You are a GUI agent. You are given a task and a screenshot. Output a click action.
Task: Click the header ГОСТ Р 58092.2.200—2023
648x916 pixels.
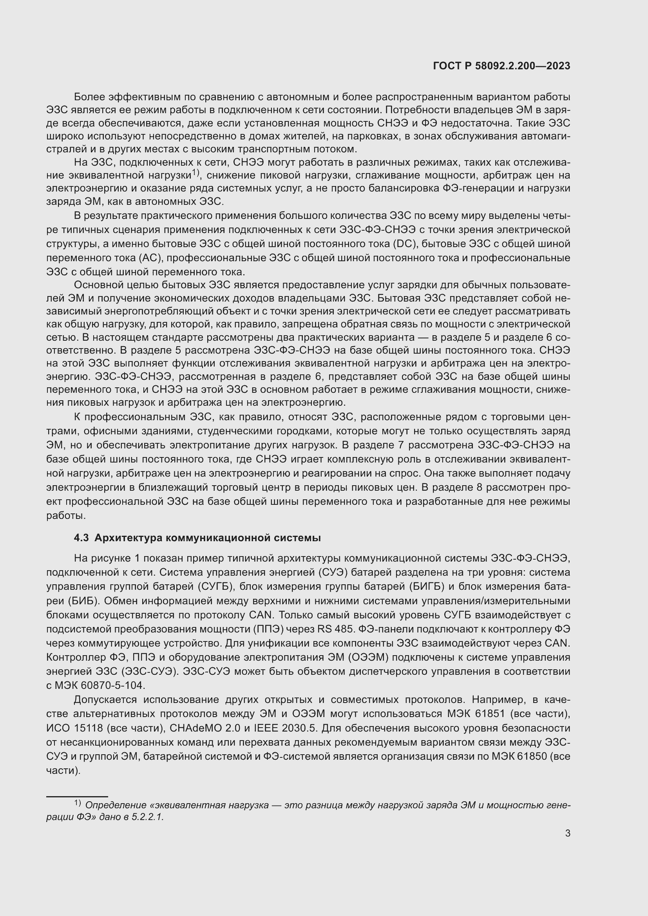click(x=501, y=66)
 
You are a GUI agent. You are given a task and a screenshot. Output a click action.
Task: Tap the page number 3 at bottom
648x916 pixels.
click(x=567, y=833)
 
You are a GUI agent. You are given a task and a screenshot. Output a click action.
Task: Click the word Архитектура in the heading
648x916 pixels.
click(x=127, y=538)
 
